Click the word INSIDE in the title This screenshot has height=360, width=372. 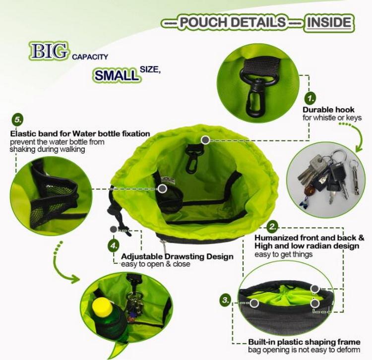(x=329, y=22)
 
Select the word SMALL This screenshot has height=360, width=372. (x=117, y=75)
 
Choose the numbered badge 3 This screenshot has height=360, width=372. (x=225, y=300)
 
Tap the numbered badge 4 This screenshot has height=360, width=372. (x=114, y=245)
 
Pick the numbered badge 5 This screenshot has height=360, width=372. (x=17, y=120)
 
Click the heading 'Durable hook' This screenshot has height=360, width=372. (x=328, y=110)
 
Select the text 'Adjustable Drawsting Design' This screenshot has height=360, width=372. (x=177, y=256)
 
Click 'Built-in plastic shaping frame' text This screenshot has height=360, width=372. (x=304, y=342)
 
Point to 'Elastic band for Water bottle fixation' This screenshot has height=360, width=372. (x=80, y=133)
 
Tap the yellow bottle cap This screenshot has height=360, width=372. (x=102, y=306)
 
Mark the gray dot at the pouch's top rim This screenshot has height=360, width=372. (x=205, y=140)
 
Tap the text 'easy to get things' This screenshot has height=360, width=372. (x=284, y=254)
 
